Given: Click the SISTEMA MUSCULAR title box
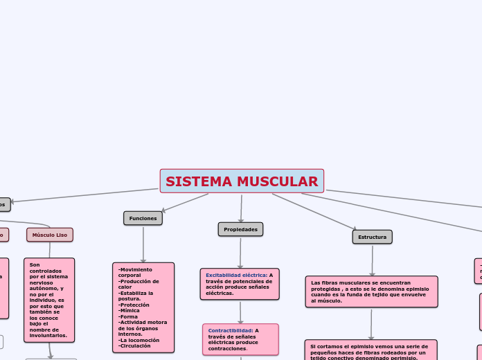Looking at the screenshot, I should click(242, 181).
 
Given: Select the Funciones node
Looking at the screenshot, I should click(143, 218).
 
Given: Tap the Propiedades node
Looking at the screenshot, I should click(240, 229).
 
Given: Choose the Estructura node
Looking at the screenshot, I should click(372, 237).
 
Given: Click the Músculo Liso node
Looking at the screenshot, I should click(50, 235).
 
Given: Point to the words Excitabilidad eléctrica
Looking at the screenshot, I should click(236, 275).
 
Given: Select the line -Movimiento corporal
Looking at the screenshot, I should click(135, 272).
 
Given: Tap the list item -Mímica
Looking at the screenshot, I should click(129, 311).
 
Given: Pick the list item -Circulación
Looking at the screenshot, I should click(135, 345).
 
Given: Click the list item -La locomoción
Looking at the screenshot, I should click(139, 339).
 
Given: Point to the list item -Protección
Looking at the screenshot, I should click(133, 305).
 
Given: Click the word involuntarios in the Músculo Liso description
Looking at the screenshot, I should click(48, 334).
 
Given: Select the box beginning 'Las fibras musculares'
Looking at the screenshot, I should click(371, 291).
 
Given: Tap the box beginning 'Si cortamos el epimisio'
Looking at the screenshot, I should click(371, 350).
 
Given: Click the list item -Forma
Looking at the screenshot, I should click(128, 316).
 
